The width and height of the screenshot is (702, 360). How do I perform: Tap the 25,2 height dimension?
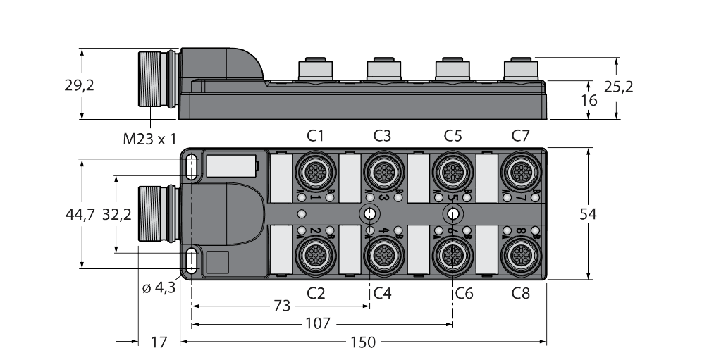coord(619,86)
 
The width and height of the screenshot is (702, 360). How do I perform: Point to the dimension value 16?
coord(589,100)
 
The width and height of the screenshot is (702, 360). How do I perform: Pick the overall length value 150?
coord(364,342)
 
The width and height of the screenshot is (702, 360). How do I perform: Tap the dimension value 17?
coord(159,342)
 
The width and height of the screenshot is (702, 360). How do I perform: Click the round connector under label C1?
coord(314,170)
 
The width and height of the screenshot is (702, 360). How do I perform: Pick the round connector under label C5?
coord(452,170)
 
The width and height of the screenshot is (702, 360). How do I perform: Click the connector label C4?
coord(382,293)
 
